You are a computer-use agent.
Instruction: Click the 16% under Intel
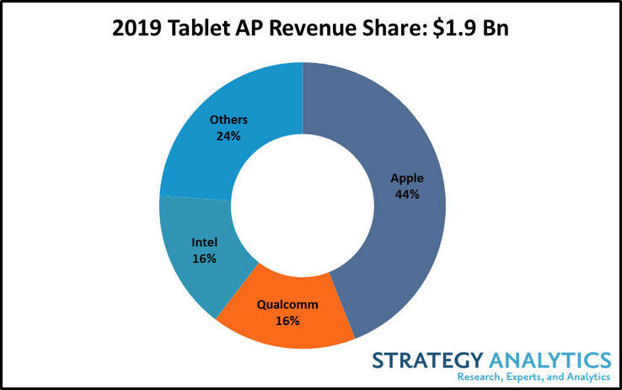[203, 259]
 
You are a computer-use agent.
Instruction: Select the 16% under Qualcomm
[287, 321]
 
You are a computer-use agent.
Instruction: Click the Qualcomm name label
[287, 305]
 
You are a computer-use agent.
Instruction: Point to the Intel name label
[203, 243]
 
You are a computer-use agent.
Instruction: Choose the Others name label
[227, 119]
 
